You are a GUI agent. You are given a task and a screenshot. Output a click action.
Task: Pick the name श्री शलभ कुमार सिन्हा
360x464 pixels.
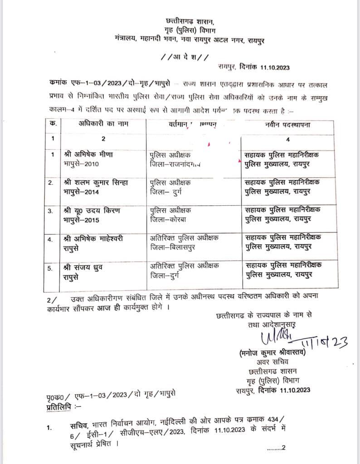[96, 183]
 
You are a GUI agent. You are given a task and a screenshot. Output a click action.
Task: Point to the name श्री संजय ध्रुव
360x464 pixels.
[84, 267]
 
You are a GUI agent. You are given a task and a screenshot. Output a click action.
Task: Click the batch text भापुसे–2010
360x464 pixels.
[82, 164]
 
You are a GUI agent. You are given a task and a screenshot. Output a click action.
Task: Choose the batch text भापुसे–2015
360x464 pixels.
[82, 220]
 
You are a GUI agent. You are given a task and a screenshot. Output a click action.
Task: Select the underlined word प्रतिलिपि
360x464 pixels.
[58, 399]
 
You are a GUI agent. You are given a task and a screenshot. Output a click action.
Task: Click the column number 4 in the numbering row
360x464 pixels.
[287, 139]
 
